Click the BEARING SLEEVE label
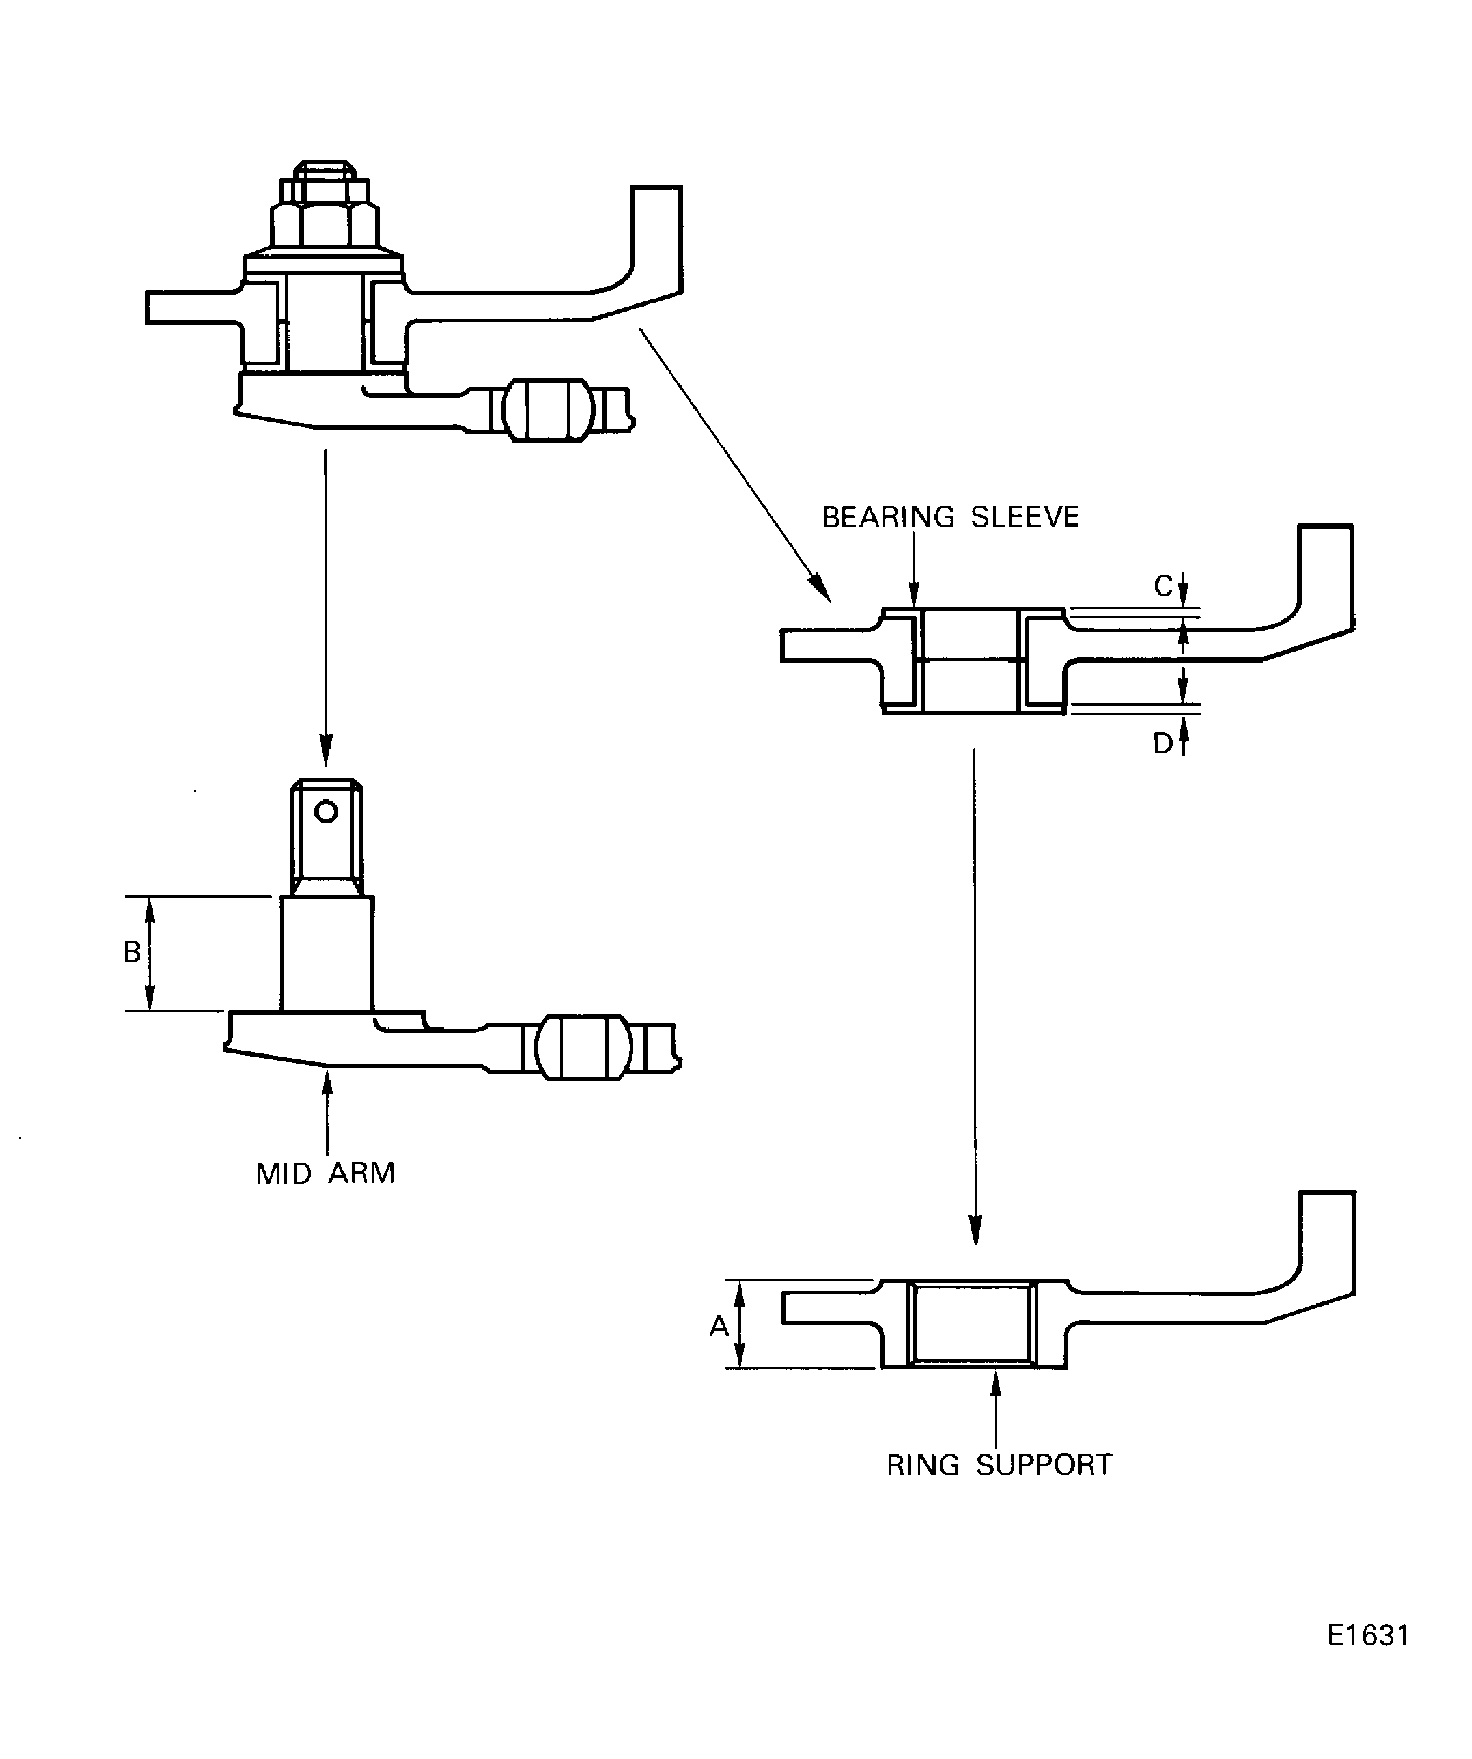(950, 517)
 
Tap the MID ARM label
(325, 1174)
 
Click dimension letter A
(719, 1326)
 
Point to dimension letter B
(132, 953)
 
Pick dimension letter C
(1163, 587)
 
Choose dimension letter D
(1163, 743)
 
